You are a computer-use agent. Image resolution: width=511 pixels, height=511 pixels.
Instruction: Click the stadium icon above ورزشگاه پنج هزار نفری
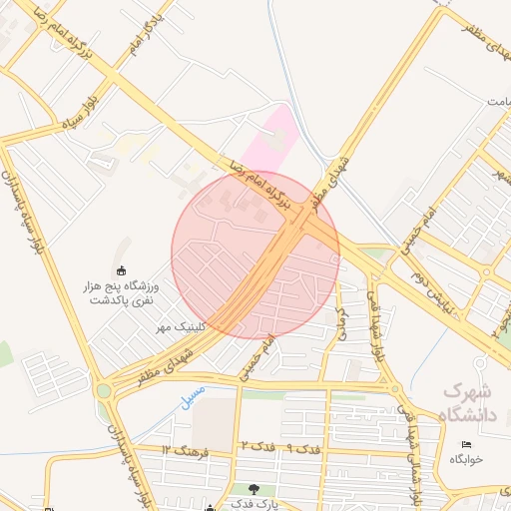coord(123,270)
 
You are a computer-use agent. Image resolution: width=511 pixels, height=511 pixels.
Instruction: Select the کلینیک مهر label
coord(179,326)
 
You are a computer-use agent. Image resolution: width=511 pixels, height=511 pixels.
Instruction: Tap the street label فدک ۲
coord(257,446)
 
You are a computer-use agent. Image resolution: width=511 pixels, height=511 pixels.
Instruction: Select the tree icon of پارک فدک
coord(253,489)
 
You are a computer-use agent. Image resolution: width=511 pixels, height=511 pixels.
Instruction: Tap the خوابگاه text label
coord(466,458)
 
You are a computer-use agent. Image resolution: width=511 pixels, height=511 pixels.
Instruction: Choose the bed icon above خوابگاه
coord(465,443)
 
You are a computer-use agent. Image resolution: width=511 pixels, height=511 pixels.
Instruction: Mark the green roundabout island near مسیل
coord(103,390)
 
